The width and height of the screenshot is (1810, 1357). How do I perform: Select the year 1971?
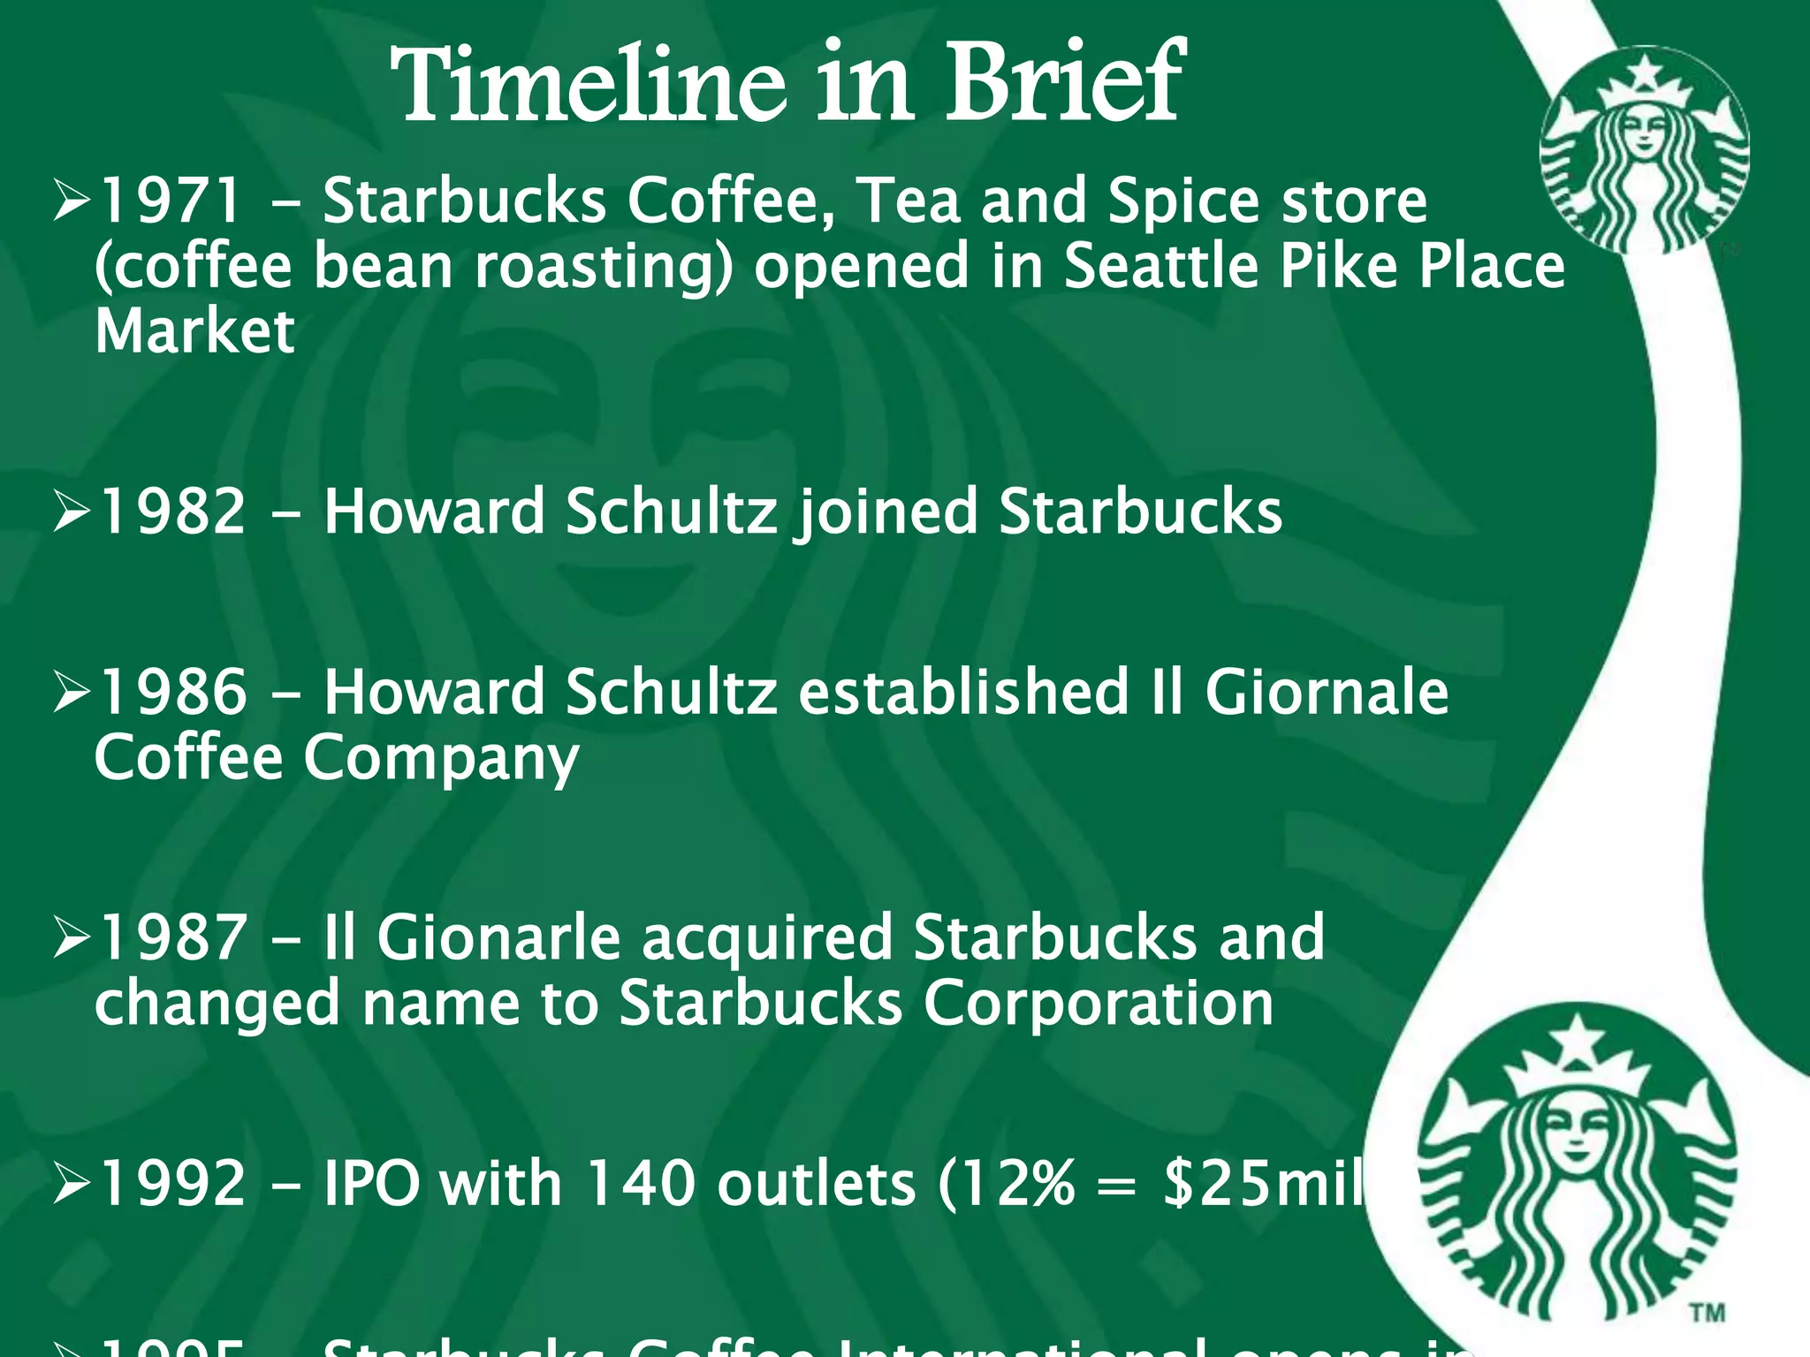click(169, 201)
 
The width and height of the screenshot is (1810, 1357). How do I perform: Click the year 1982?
click(171, 512)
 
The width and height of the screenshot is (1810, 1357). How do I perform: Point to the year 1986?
click(171, 693)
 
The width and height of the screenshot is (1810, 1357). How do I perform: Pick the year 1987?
click(171, 938)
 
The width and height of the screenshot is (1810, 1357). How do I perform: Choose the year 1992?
click(171, 1184)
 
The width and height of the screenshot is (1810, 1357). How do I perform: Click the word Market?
click(194, 332)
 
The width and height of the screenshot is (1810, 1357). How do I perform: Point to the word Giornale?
click(1326, 693)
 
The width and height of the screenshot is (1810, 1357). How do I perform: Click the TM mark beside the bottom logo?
click(1707, 1313)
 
